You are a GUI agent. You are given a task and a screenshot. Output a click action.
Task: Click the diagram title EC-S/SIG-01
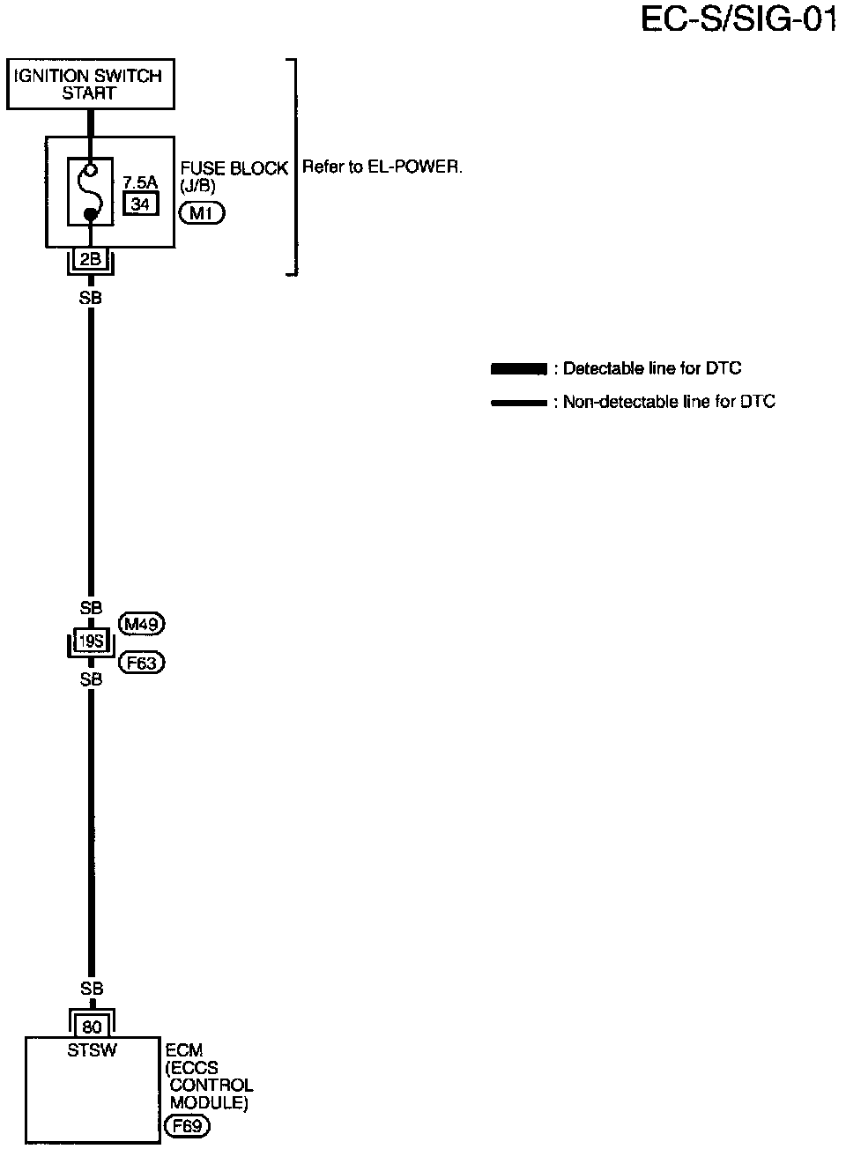738,19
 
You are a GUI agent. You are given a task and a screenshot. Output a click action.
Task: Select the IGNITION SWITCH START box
89,84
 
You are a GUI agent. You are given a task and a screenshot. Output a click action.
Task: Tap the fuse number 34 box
139,204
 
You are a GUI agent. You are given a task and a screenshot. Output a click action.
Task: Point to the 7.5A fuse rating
139,182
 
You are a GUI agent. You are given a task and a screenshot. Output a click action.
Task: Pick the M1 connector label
201,212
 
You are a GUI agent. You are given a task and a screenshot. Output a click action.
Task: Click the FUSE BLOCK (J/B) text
233,176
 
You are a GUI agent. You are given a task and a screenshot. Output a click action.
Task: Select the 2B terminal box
90,259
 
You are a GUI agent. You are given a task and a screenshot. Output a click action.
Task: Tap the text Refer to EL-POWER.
382,167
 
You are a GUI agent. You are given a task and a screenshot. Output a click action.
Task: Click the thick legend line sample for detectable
519,369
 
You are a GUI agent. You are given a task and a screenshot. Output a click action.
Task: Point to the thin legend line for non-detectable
519,403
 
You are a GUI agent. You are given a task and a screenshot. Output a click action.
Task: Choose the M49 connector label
141,624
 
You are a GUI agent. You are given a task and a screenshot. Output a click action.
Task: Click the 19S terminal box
91,641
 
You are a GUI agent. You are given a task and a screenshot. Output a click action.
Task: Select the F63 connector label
141,662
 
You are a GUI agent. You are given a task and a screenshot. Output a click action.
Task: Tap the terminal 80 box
91,1026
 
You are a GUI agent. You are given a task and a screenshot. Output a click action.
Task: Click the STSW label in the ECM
91,1049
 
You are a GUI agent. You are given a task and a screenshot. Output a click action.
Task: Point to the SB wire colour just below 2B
90,298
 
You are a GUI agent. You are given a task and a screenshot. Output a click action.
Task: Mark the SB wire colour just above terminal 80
91,989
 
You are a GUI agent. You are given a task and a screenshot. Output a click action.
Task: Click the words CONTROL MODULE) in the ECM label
211,1093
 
